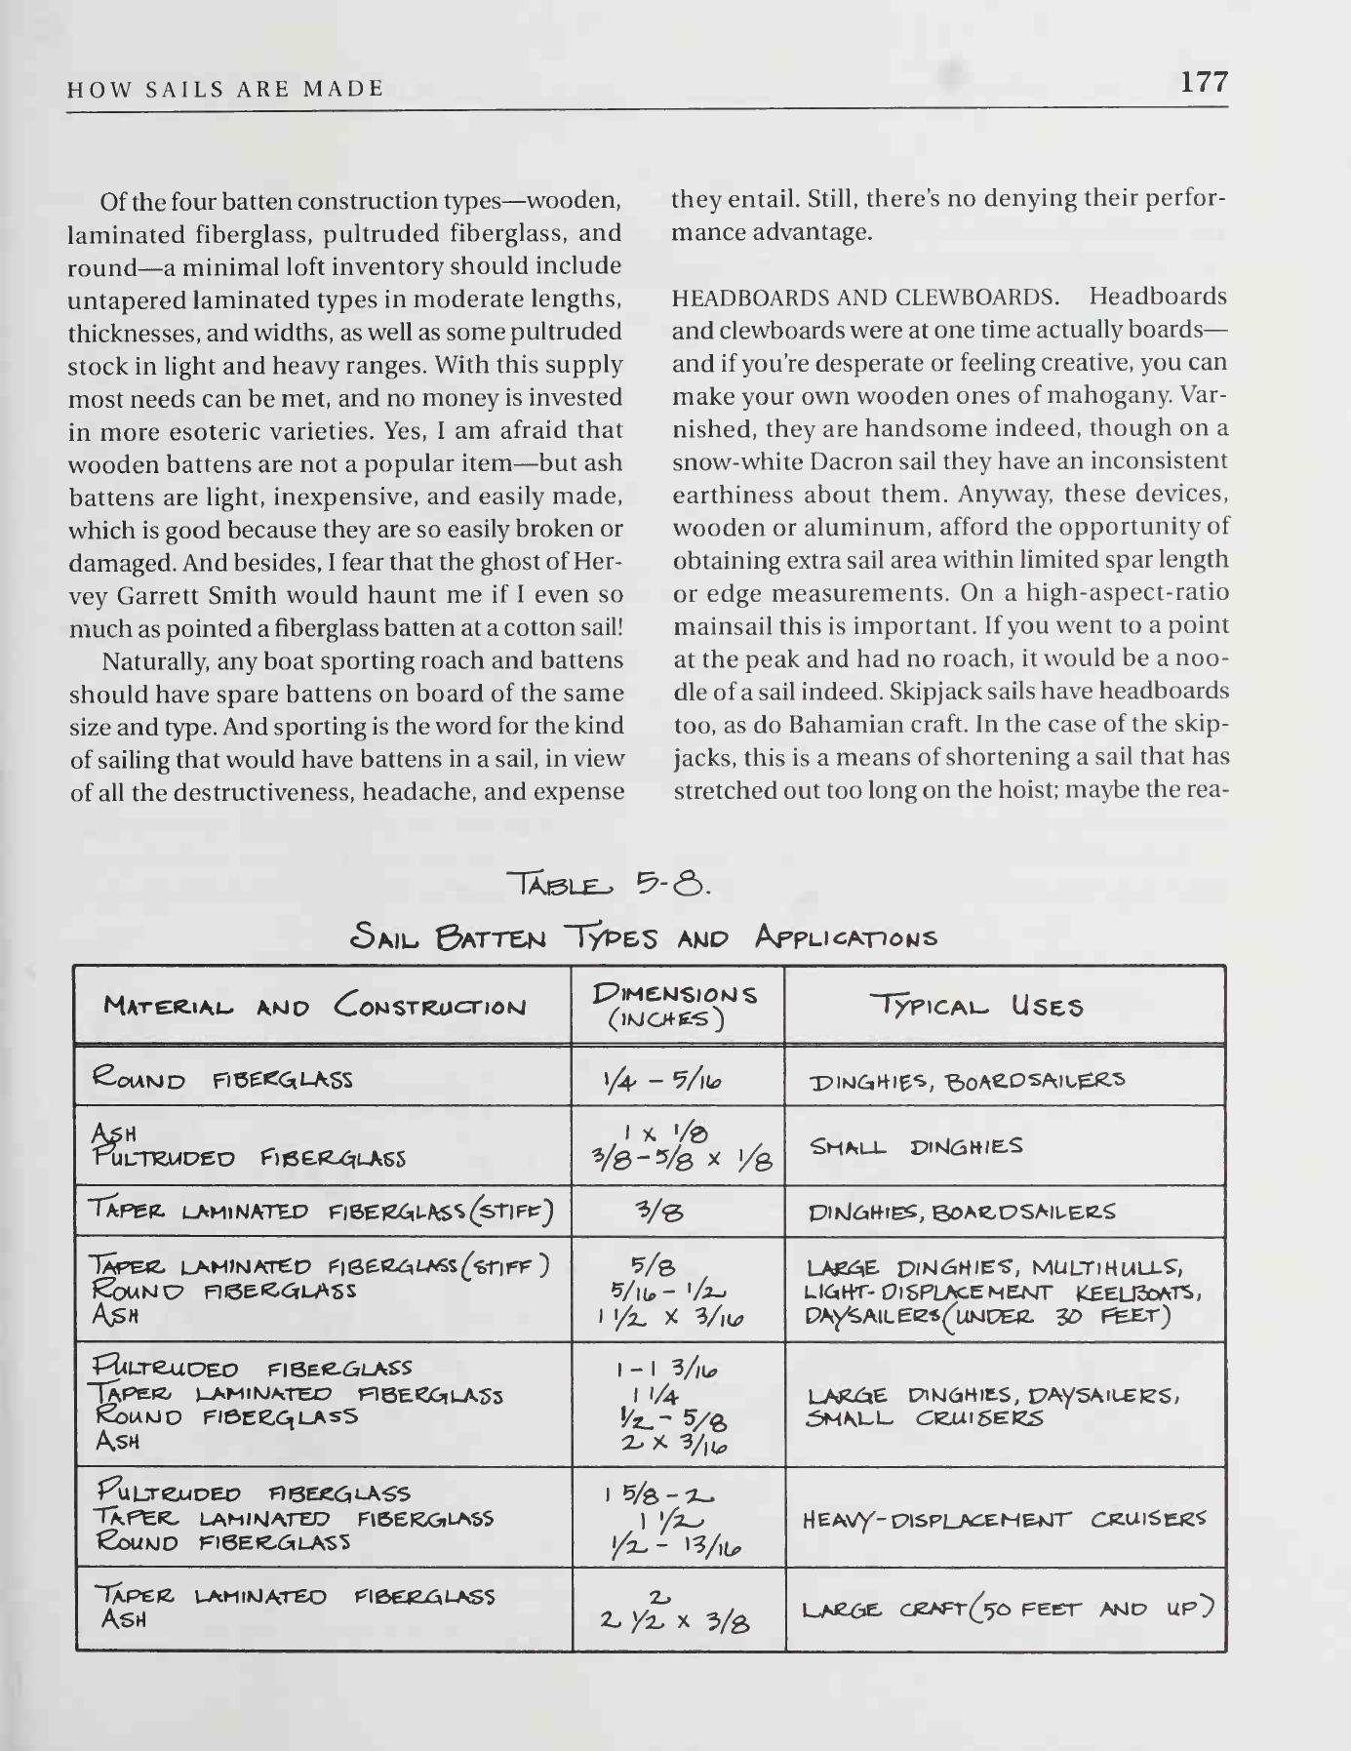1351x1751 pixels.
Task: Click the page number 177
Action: point(1204,82)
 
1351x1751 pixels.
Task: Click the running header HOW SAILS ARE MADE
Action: point(225,90)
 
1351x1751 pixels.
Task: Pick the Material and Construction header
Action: point(314,1006)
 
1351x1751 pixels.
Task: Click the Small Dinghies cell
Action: point(916,1146)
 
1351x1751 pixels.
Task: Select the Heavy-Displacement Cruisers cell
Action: point(1004,1519)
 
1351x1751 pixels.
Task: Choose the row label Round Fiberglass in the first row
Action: point(221,1080)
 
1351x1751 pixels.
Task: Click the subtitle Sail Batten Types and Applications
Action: point(644,937)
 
